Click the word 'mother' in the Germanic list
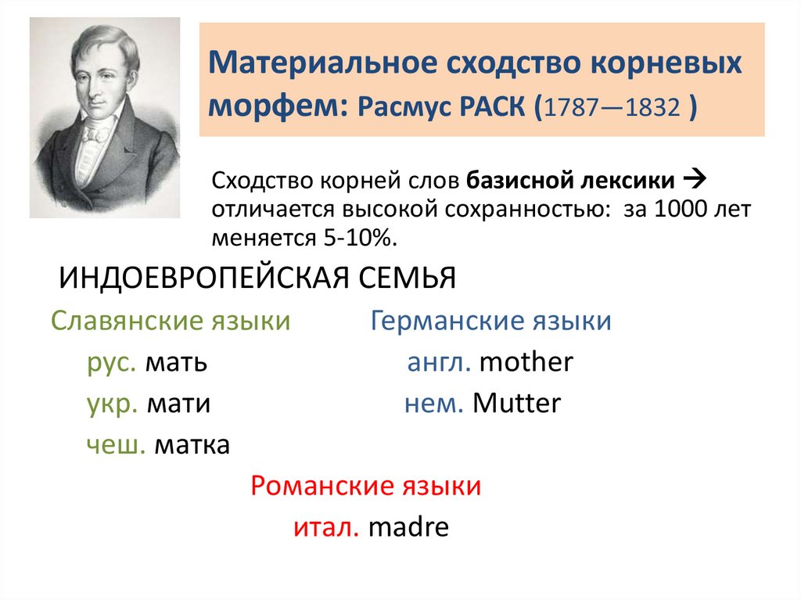click(526, 362)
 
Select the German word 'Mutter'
click(517, 404)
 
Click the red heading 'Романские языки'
click(365, 487)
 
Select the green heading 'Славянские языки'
click(171, 321)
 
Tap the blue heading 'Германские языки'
click(490, 321)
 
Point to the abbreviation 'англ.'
click(439, 362)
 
